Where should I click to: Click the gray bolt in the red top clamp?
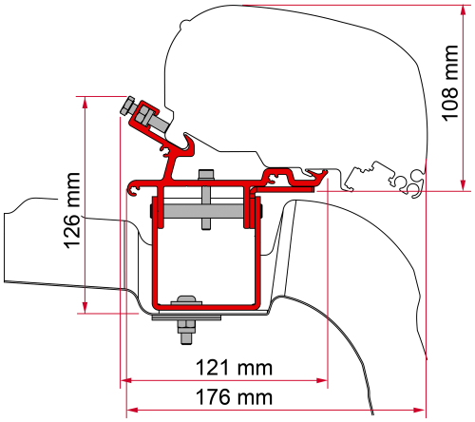130,106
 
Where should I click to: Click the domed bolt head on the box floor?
185,304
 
